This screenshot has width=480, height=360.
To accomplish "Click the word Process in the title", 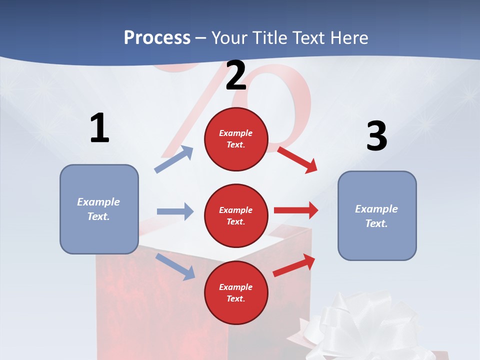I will tap(157, 37).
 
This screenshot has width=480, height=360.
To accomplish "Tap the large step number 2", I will tap(236, 75).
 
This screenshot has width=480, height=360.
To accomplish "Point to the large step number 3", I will tap(376, 136).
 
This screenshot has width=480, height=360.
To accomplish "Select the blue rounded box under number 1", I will tap(99, 209).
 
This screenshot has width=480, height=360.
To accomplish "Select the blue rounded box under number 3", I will tap(377, 215).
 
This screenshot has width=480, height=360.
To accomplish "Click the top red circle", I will tap(236, 139).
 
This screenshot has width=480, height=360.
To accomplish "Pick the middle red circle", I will tap(236, 215).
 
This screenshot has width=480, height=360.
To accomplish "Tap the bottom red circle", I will tap(236, 292).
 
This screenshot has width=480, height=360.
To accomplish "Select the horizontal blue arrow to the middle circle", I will tap(175, 211).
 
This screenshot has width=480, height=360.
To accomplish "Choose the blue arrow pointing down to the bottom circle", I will tap(175, 266).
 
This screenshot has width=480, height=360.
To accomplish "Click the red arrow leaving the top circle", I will tap(297, 159).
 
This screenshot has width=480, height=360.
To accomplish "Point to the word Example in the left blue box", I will tap(98, 202).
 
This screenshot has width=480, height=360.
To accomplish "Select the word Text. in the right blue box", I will tap(376, 223).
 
